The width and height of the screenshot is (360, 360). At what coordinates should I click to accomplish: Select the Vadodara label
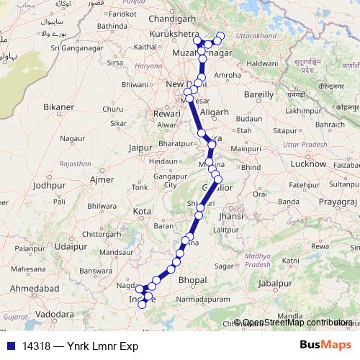[x=54, y=315]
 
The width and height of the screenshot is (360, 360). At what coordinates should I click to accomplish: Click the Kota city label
[x=143, y=212]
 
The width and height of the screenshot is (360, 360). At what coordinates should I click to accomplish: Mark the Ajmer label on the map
[x=104, y=178]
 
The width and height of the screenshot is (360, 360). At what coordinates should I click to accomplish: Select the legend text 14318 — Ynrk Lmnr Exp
[x=80, y=346]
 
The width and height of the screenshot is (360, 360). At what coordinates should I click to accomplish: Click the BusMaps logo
[x=326, y=345]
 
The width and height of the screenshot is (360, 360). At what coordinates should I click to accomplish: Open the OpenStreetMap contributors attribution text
[x=297, y=323]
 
